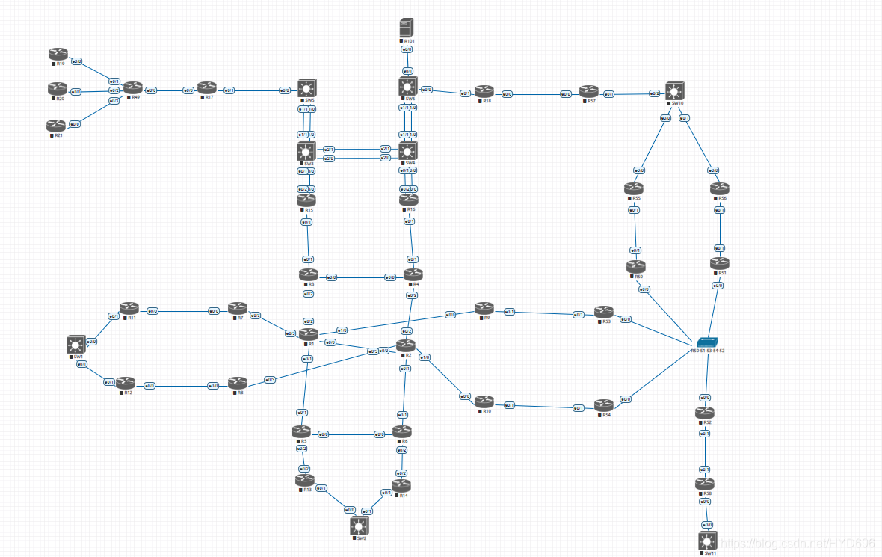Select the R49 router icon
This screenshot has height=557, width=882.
(x=133, y=88)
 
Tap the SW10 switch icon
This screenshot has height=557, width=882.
(x=676, y=90)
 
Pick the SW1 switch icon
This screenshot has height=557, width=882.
(x=75, y=344)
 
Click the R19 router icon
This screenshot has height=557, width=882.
(x=58, y=54)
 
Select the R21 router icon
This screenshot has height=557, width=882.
(x=55, y=125)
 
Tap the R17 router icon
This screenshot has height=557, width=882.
(x=206, y=88)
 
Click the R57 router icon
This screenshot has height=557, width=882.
(x=589, y=91)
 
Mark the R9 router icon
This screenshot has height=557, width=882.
(x=484, y=308)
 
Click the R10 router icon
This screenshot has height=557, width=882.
(x=484, y=401)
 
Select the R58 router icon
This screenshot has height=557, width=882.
(x=705, y=484)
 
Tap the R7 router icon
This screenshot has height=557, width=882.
(x=238, y=308)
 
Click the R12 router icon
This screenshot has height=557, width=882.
(x=126, y=383)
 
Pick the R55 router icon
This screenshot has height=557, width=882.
(x=634, y=189)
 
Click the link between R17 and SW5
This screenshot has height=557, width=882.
(x=258, y=90)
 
